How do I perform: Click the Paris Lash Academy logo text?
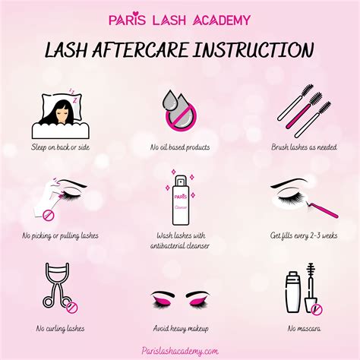click(179, 19)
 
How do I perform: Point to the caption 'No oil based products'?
click(180, 147)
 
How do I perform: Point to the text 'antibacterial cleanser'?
click(180, 245)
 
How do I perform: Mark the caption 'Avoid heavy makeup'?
click(180, 328)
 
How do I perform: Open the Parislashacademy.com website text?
click(180, 350)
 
